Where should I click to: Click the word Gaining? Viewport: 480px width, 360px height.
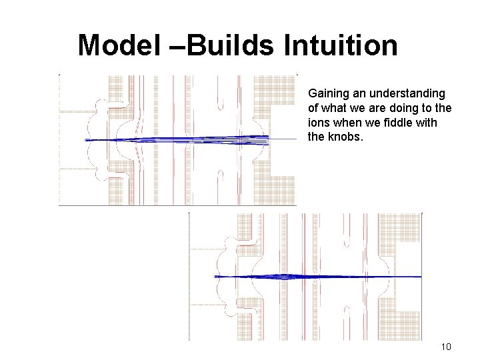pos(326,94)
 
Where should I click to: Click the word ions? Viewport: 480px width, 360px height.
pos(317,123)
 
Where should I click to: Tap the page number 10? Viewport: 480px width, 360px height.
pos(446,347)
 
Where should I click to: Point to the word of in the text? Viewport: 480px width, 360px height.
pos(313,108)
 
